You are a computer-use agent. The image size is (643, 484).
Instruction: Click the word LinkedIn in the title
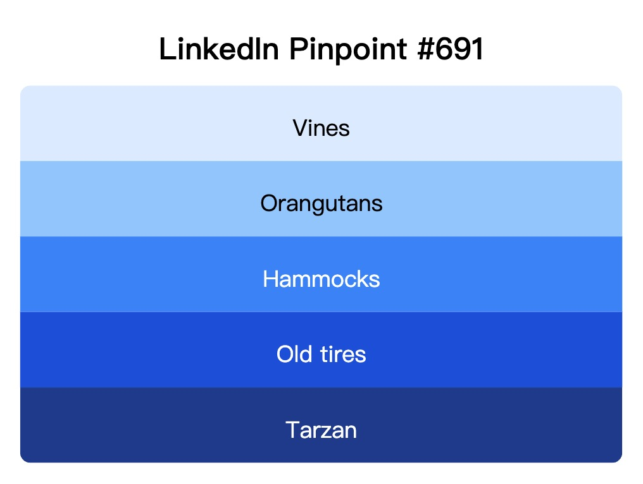219,49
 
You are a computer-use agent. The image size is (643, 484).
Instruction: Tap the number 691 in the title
463,49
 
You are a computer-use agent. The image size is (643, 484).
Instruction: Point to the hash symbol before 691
427,49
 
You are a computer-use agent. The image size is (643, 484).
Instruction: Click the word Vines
321,128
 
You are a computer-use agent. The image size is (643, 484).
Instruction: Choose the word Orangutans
321,204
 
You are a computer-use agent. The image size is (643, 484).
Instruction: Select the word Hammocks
321,279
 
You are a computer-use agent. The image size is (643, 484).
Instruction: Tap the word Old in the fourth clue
294,354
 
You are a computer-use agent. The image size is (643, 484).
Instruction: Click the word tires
342,354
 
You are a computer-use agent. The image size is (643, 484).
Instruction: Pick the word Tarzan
321,430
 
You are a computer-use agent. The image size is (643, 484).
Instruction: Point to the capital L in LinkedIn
166,49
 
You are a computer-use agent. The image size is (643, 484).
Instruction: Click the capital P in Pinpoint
297,49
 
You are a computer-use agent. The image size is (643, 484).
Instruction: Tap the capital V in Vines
299,128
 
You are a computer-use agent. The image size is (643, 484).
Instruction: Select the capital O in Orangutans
268,203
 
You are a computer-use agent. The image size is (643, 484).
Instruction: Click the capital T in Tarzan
293,430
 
